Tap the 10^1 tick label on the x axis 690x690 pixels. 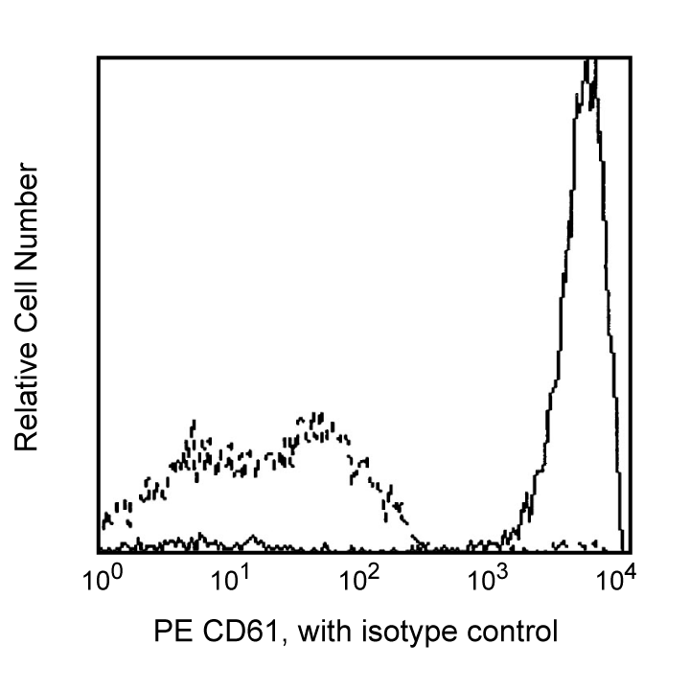230,580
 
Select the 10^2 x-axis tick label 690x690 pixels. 359,580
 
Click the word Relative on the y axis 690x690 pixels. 26,394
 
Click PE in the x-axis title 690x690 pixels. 171,632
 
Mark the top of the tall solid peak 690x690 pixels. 591,62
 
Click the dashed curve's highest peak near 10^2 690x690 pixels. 320,418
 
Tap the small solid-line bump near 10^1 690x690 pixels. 252,538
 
